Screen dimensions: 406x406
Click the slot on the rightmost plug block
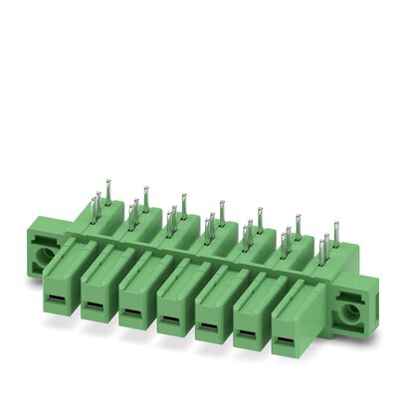[x=286, y=342]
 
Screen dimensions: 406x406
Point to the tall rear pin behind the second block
[x=145, y=196]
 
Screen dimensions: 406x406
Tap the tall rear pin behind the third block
[x=183, y=204]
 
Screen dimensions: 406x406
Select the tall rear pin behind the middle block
[x=221, y=212]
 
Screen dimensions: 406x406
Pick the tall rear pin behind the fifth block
[x=259, y=219]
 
